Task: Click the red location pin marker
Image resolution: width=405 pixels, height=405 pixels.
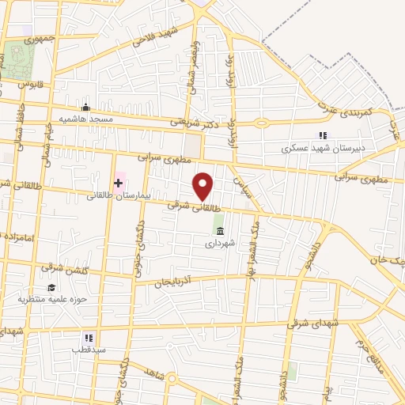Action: pos(204,187)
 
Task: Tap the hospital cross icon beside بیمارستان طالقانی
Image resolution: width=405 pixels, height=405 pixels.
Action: pos(119,183)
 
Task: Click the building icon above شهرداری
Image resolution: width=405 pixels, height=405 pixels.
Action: pos(219,231)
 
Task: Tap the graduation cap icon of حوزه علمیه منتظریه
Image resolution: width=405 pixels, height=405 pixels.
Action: pos(51,288)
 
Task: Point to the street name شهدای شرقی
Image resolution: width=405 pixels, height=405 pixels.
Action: pos(335,323)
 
